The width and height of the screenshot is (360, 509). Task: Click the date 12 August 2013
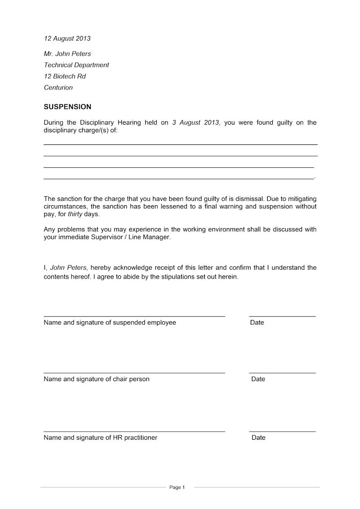tap(67, 39)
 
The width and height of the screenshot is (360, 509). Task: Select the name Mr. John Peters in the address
tap(67, 54)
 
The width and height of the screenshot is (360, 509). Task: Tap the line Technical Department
tap(76, 65)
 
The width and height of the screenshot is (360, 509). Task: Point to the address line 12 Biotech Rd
tap(65, 77)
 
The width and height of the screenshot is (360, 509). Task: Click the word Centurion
tap(58, 88)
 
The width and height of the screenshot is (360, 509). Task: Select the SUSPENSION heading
tap(67, 107)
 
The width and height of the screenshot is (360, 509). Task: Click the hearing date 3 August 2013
tap(195, 122)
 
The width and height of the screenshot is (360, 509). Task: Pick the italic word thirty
tap(75, 214)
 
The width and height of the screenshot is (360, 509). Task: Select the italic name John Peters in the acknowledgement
tap(68, 268)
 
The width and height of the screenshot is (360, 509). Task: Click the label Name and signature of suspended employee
tap(110, 323)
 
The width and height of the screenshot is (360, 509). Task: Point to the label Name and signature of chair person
tap(96, 379)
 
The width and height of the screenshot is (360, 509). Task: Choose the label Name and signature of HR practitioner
tap(100, 437)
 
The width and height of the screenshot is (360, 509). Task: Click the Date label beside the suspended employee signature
tap(257, 323)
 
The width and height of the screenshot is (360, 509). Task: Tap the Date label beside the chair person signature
tap(258, 379)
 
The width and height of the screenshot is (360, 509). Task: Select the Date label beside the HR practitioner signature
tap(258, 437)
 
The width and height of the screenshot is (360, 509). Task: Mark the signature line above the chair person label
tap(134, 373)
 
